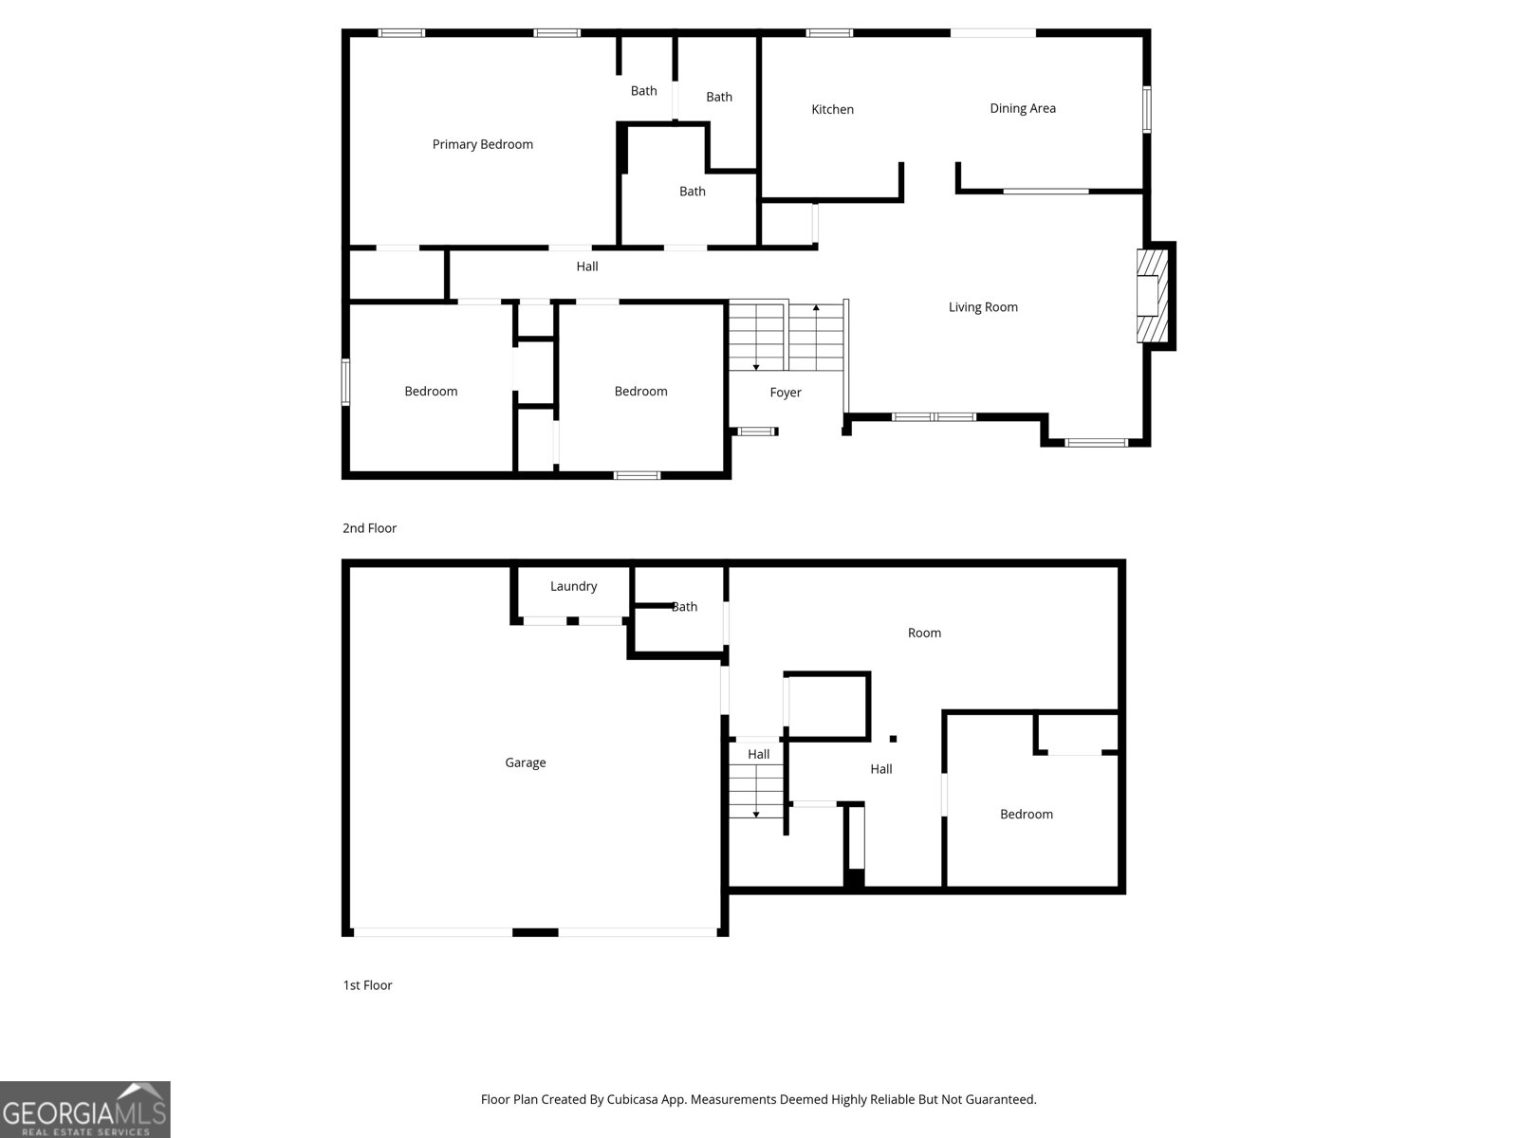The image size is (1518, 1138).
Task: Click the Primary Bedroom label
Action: [x=482, y=144]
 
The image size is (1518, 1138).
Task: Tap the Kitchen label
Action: [x=832, y=109]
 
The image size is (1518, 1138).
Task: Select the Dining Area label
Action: [x=1022, y=108]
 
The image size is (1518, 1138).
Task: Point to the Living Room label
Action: [x=983, y=307]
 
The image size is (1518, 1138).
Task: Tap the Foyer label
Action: [x=785, y=393]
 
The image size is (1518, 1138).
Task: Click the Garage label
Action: [x=525, y=762]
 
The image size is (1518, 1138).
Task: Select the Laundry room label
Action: [x=573, y=586]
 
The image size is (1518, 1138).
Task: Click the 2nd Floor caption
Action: [x=369, y=528]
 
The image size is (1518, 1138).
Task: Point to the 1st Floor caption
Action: [x=367, y=985]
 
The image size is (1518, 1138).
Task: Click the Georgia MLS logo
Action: [x=84, y=1110]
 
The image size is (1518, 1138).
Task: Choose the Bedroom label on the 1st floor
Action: [x=1026, y=814]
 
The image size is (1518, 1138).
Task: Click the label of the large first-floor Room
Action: [x=923, y=633]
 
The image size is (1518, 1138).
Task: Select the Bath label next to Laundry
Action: [x=685, y=607]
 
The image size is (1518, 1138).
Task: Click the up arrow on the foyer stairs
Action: [x=816, y=309]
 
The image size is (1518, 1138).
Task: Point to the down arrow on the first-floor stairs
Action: [x=756, y=813]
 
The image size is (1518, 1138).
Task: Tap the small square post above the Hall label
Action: [x=893, y=738]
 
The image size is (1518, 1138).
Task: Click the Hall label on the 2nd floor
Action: [x=586, y=266]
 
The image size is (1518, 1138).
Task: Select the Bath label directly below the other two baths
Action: [x=692, y=192]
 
